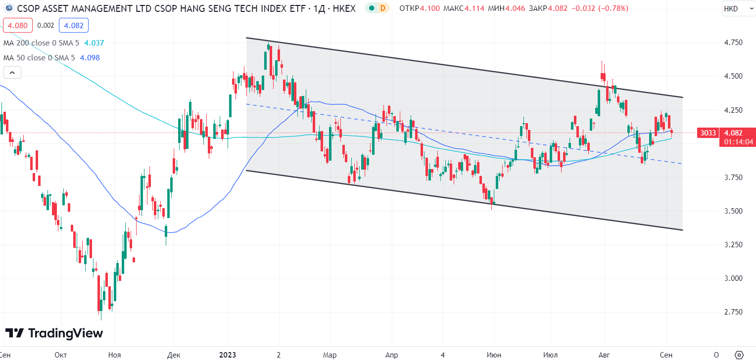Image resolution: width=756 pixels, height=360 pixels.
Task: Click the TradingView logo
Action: pyautogui.click(x=54, y=333)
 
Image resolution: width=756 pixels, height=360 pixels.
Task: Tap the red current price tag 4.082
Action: pyautogui.click(x=732, y=133)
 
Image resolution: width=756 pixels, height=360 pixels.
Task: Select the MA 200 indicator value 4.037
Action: pyautogui.click(x=94, y=43)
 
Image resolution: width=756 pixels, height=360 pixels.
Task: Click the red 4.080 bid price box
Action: pyautogui.click(x=18, y=25)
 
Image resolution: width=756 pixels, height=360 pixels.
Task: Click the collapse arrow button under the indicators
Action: pyautogui.click(x=12, y=73)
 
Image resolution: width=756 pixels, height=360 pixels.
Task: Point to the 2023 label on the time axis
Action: pyautogui.click(x=227, y=355)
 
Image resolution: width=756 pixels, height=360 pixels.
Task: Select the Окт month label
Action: pyautogui.click(x=61, y=355)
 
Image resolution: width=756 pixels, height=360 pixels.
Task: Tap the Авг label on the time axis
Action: pyautogui.click(x=604, y=355)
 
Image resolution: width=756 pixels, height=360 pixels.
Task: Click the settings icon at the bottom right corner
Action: pyautogui.click(x=739, y=355)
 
